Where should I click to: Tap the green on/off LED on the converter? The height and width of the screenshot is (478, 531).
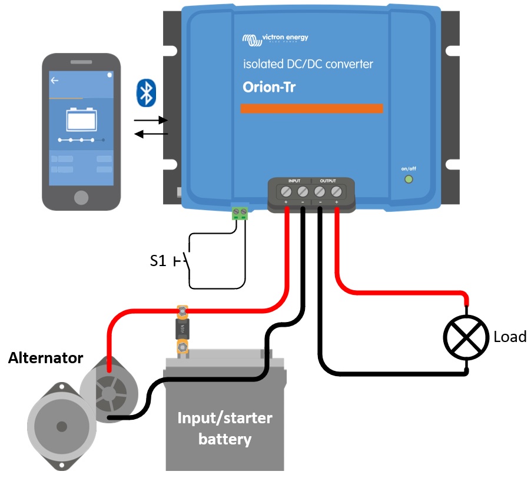[407, 180]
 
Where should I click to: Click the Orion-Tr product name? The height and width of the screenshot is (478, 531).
[269, 87]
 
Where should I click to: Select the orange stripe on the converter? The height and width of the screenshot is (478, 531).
[311, 108]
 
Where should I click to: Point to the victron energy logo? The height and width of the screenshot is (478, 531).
[274, 39]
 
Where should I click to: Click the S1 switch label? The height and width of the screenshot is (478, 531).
[158, 261]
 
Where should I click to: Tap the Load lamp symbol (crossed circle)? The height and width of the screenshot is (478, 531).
[466, 337]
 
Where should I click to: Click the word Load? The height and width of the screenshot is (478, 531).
[510, 337]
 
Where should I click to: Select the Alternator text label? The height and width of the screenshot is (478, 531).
[45, 358]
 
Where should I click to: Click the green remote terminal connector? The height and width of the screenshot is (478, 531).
[239, 213]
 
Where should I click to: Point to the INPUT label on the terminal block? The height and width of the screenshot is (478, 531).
[294, 180]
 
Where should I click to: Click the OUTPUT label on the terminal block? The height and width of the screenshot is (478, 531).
[328, 180]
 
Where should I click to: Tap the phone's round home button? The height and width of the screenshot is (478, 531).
[81, 197]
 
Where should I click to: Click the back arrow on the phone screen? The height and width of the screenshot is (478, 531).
[55, 81]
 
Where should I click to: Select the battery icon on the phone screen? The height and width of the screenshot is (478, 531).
[81, 119]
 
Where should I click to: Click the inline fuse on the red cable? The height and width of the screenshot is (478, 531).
[183, 330]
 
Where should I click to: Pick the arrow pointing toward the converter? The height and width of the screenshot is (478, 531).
[151, 120]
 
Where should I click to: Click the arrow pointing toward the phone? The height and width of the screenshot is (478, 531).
[151, 134]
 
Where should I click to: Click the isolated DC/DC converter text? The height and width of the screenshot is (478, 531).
[308, 64]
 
